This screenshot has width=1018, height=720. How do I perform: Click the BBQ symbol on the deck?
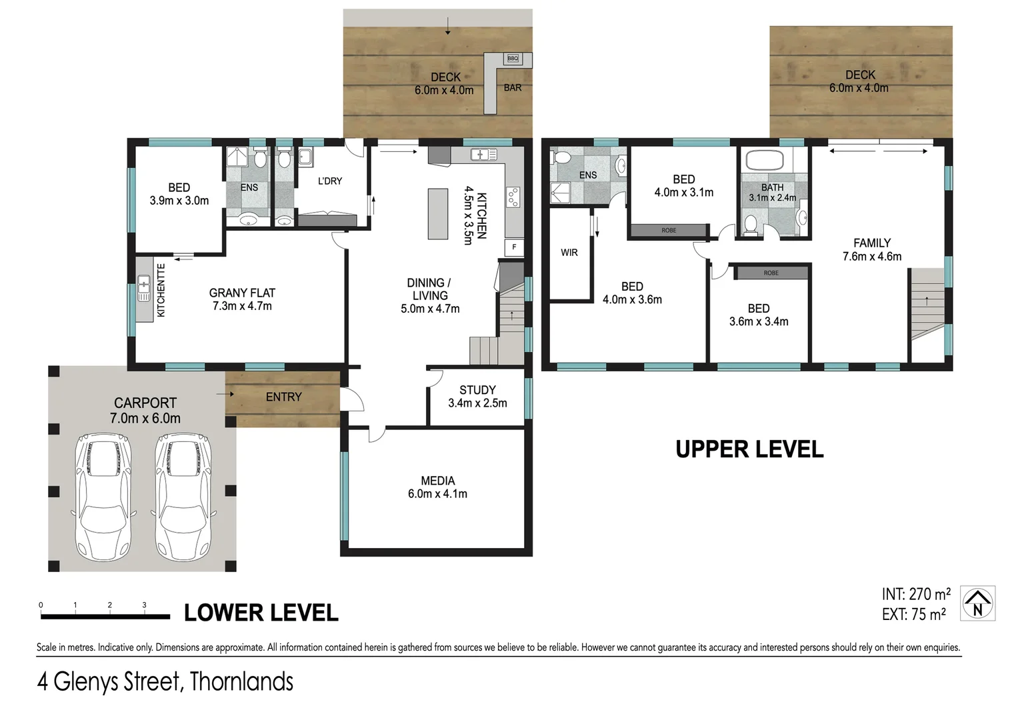tap(512, 59)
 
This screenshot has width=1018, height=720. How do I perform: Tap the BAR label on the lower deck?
tap(512, 88)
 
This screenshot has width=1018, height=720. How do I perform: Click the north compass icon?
tap(977, 603)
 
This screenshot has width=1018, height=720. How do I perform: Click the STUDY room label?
tap(477, 390)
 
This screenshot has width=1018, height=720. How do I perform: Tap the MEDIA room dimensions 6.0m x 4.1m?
tap(437, 494)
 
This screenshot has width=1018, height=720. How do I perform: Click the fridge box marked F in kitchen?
tap(514, 247)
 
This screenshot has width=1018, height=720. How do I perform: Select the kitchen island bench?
tap(437, 214)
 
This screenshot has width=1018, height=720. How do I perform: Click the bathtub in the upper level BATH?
tap(765, 161)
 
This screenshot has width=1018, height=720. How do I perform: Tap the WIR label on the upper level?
tap(569, 253)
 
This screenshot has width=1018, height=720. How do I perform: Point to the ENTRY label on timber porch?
tap(283, 397)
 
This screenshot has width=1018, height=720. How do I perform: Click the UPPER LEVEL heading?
tap(749, 450)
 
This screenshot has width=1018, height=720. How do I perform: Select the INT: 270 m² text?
tap(915, 594)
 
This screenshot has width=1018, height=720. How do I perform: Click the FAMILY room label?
tap(871, 243)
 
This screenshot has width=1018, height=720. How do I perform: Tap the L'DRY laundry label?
tap(329, 181)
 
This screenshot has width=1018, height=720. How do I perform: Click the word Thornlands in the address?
tap(241, 682)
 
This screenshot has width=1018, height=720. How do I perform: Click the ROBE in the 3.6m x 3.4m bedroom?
tap(771, 273)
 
